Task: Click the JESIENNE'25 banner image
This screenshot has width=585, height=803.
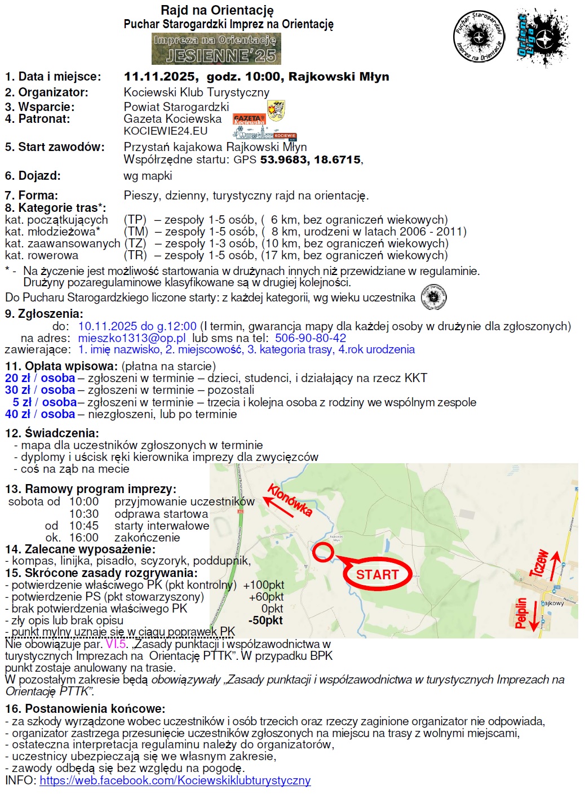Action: tap(216, 49)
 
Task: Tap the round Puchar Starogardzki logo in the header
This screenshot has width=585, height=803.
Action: tap(479, 37)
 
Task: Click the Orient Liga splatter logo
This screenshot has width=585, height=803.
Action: tap(539, 37)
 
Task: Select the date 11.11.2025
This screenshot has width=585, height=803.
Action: tap(160, 77)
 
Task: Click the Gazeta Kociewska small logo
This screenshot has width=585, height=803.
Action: tap(249, 119)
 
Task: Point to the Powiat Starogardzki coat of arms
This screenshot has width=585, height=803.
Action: tap(276, 110)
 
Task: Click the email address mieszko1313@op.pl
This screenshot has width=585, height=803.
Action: tap(132, 338)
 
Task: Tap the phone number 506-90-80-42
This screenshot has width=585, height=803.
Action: tap(311, 338)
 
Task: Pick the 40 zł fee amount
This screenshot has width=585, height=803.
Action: tap(17, 414)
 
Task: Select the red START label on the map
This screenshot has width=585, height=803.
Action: tap(377, 575)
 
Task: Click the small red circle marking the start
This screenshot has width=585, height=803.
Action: tap(323, 552)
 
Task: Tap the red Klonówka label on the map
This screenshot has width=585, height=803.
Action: tap(290, 499)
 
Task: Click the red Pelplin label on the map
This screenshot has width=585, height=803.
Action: tap(521, 613)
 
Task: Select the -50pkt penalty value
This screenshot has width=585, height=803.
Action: tap(265, 620)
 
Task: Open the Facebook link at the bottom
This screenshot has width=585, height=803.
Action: tap(175, 780)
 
